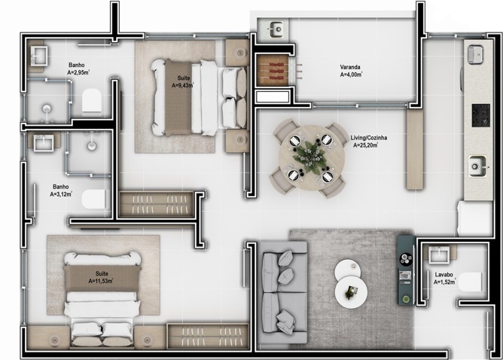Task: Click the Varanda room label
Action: (351, 66)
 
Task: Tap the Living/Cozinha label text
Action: (365, 138)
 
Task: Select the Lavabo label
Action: (443, 275)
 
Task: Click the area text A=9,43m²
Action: (184, 86)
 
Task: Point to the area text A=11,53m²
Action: (99, 281)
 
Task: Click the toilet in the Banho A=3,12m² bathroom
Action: (93, 199)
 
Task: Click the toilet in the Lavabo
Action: (473, 280)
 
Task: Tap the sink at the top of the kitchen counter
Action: (476, 54)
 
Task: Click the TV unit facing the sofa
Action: (405, 270)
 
